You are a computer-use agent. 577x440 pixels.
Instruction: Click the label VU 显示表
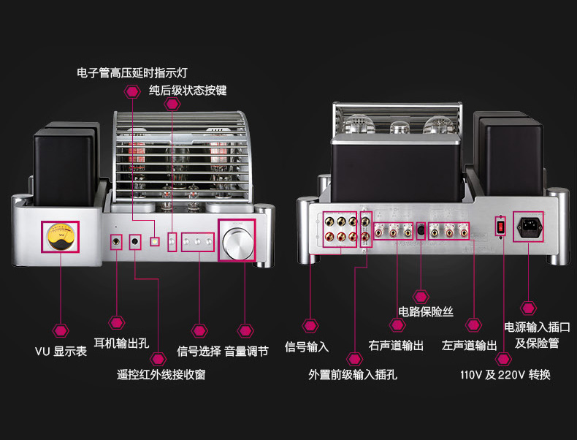pyautogui.click(x=61, y=352)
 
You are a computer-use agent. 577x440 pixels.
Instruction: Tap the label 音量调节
pyautogui.click(x=246, y=351)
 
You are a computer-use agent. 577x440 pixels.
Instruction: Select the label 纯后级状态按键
pyautogui.click(x=188, y=91)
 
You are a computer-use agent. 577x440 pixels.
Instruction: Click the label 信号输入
pyautogui.click(x=307, y=346)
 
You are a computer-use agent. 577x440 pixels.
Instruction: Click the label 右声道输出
pyautogui.click(x=396, y=346)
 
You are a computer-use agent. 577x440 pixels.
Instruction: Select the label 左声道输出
pyautogui.click(x=470, y=346)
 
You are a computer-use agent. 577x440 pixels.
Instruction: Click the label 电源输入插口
pyautogui.click(x=537, y=327)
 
